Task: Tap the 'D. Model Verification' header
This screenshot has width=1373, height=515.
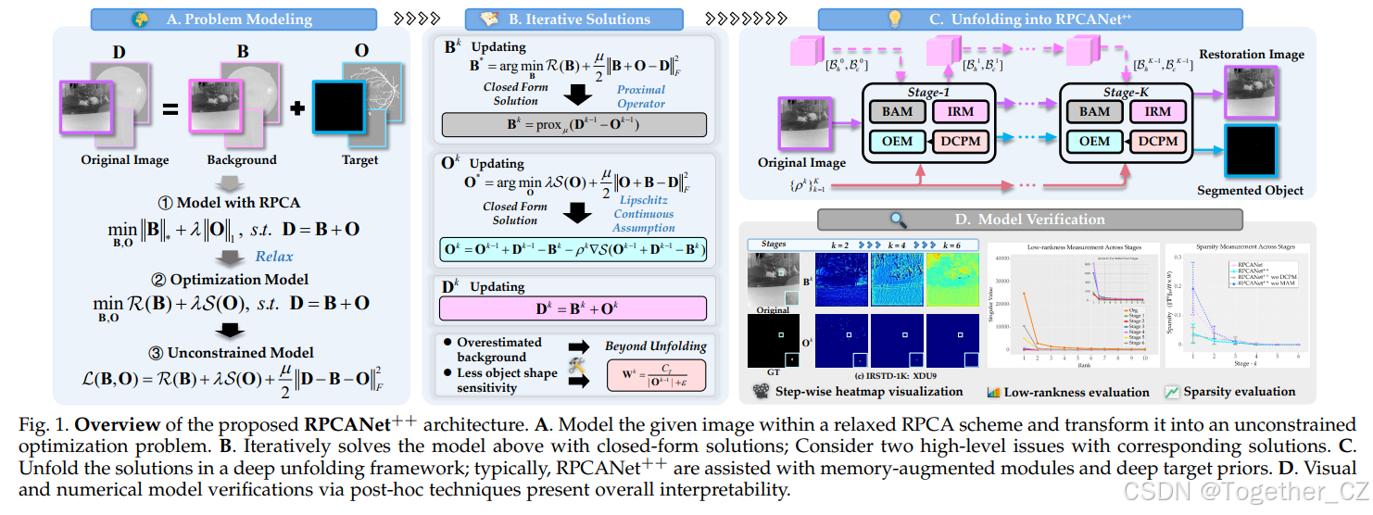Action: (1027, 220)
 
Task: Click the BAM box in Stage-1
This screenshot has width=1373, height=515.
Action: (896, 111)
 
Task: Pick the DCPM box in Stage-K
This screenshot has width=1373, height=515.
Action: (1157, 142)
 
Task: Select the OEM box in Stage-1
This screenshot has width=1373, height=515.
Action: (896, 142)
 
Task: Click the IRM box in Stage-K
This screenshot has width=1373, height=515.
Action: (1157, 111)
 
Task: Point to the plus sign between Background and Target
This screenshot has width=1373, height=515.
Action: (297, 107)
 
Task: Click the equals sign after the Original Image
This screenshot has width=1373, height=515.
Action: (170, 109)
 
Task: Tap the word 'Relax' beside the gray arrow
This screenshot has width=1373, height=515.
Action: (274, 257)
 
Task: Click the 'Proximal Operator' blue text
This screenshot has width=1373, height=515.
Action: (641, 96)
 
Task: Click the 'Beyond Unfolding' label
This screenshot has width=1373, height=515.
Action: (655, 345)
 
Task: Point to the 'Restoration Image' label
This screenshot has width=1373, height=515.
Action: (1251, 55)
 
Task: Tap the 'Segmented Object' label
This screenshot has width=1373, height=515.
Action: (1250, 191)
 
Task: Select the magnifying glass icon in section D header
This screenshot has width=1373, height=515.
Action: (897, 220)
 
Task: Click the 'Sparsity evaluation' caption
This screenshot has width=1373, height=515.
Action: (1239, 392)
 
